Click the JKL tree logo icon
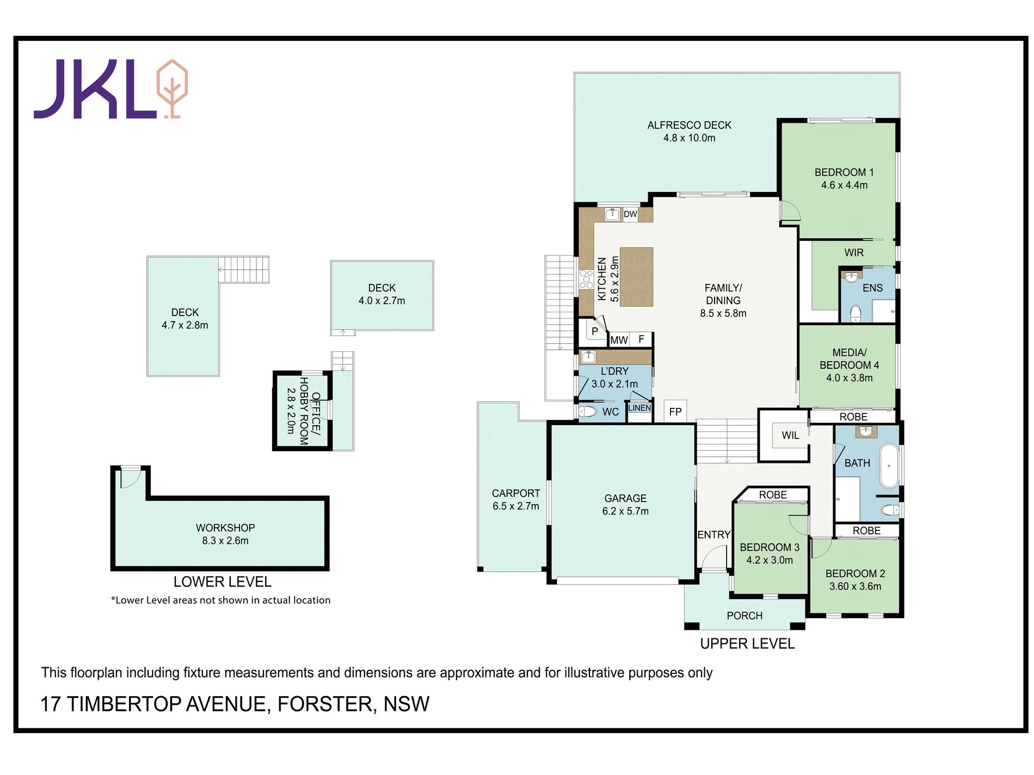pos(172,89)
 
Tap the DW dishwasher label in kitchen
pos(630,214)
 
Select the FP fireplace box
pos(675,412)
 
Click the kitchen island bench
pos(636,277)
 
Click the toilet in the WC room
pos(588,411)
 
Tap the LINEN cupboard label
pos(639,408)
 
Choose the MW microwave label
pos(619,340)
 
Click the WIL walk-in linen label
pos(790,435)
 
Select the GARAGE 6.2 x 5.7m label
pos(625,505)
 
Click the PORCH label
pos(744,616)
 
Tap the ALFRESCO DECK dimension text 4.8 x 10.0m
pos(689,138)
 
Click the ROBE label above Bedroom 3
pos(773,495)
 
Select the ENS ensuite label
pos(872,288)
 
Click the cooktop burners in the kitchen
pos(586,278)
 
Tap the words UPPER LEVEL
pos(747,644)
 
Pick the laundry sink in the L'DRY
pos(588,357)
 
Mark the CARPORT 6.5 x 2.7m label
pos(516,500)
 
